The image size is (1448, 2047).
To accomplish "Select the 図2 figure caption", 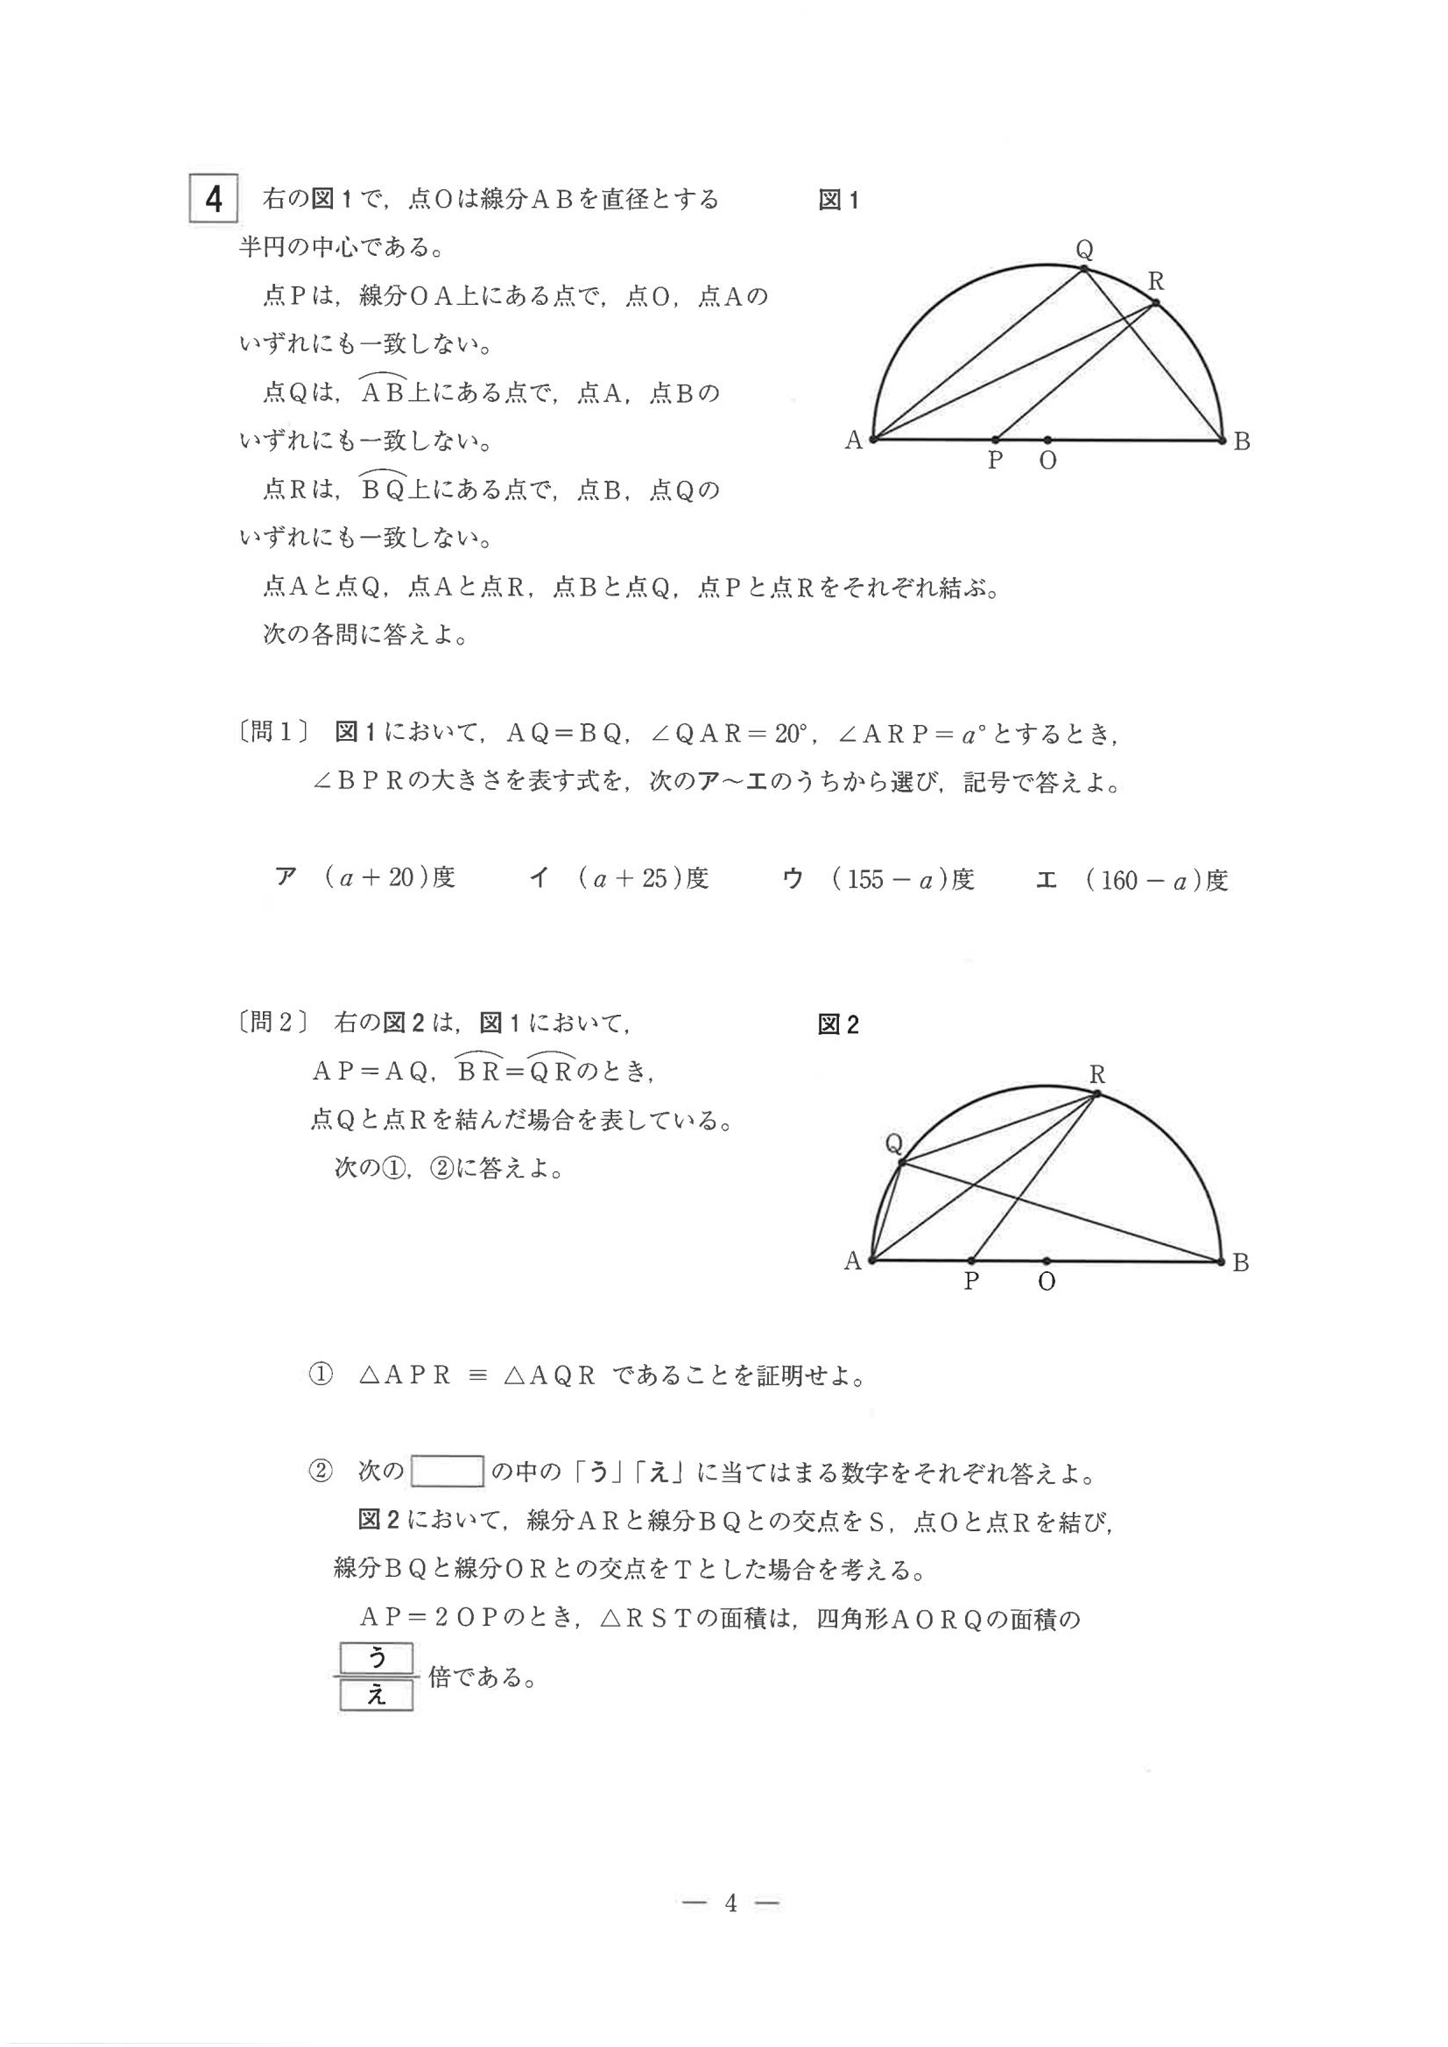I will click(838, 1025).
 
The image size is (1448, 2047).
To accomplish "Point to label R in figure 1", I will click(1156, 282).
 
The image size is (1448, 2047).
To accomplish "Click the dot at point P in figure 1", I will click(996, 439).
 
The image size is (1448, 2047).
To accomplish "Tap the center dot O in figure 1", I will click(1048, 439).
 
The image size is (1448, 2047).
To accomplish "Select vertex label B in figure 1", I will click(1242, 441).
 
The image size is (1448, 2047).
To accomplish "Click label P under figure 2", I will click(972, 1282).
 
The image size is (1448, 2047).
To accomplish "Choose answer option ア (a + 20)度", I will click(365, 878).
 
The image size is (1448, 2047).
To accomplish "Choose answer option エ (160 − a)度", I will click(1132, 880).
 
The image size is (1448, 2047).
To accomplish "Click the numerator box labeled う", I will click(376, 1658).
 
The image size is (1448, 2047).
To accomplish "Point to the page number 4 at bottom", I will click(730, 1903).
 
